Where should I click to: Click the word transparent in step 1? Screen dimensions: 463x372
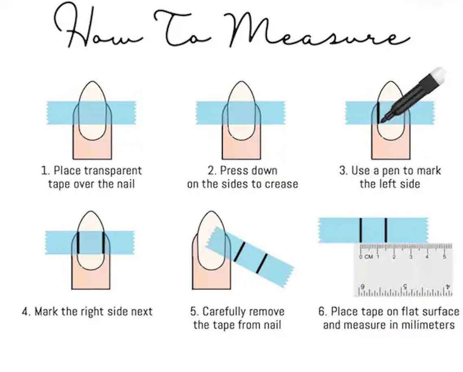pyautogui.click(x=113, y=170)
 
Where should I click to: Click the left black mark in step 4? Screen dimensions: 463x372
pyautogui.click(x=78, y=243)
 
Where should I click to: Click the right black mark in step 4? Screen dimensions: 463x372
pyautogui.click(x=103, y=243)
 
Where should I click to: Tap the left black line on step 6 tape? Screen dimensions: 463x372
pyautogui.click(x=361, y=230)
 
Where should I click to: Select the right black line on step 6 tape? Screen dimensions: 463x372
pyautogui.click(x=386, y=230)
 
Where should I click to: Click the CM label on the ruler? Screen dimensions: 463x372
pyautogui.click(x=368, y=257)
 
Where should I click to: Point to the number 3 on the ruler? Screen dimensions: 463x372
pyautogui.click(x=411, y=257)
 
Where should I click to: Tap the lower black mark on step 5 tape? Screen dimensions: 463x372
pyautogui.click(x=262, y=263)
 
